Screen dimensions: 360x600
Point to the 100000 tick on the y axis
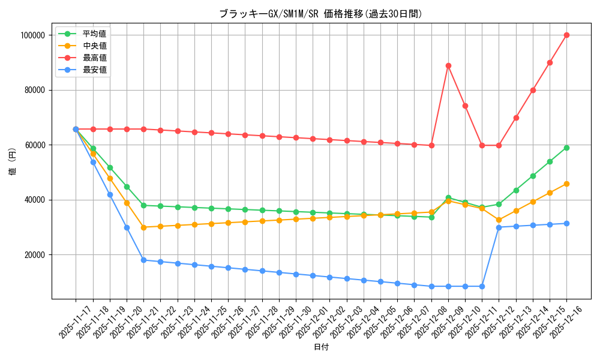tap(33, 35)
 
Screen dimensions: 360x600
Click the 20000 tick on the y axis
tap(35, 255)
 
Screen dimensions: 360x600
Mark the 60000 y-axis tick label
tap(35, 145)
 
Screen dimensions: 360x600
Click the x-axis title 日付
tap(321, 347)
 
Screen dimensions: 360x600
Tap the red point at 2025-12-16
tap(566, 35)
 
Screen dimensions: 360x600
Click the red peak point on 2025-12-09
tap(448, 65)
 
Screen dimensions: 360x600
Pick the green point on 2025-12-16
tap(566, 148)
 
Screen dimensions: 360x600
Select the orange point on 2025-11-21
tap(143, 227)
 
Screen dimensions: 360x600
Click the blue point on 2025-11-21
tap(143, 260)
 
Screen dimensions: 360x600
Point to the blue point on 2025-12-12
tap(499, 227)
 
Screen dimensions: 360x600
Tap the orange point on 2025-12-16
tap(566, 184)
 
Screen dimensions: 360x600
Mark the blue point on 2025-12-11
tap(482, 286)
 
